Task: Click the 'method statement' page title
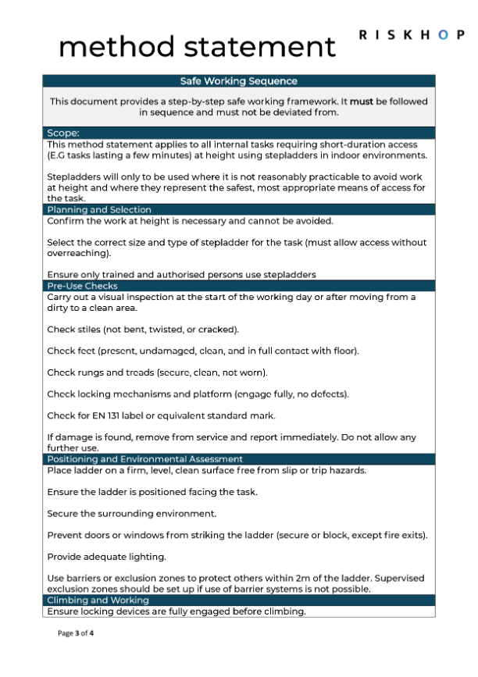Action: click(198, 47)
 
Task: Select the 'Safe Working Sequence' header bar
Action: click(238, 81)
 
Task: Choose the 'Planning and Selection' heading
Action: click(99, 209)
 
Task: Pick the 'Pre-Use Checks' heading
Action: click(83, 286)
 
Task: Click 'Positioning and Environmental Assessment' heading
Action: click(155, 459)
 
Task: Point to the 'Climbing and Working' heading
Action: click(98, 600)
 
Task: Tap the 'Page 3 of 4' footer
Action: click(77, 633)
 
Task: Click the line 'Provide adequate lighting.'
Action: click(108, 558)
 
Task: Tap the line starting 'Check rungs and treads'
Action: click(157, 372)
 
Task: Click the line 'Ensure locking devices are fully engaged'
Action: click(177, 611)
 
